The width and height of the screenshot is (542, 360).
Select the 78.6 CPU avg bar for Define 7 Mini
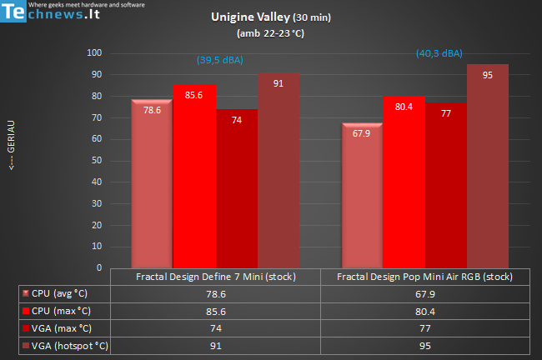[x=152, y=183]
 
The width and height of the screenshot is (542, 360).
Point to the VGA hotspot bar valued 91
[x=279, y=171]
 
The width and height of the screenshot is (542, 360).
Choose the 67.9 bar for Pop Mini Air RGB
[x=362, y=195]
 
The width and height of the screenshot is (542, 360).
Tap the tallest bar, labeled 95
[x=487, y=167]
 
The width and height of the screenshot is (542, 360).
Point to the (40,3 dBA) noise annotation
[x=439, y=53]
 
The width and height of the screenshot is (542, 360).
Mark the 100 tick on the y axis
[x=94, y=53]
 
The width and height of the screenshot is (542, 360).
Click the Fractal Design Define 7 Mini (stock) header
[x=215, y=277]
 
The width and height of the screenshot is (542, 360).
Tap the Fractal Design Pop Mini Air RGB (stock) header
[x=424, y=277]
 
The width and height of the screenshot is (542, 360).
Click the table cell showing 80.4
[x=424, y=310]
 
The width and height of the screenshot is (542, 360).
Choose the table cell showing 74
[x=215, y=327]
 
